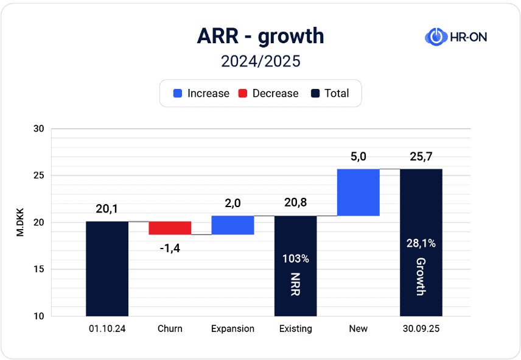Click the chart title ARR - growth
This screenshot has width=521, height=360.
pos(260,37)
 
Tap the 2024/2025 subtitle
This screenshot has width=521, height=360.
pos(260,62)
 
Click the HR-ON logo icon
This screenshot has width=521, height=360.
pos(435,37)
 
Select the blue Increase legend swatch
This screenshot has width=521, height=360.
pos(178,94)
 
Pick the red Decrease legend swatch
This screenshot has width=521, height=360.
pos(243,94)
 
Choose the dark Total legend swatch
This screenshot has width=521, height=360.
pos(315,94)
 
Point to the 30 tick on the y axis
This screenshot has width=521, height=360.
pos(39,129)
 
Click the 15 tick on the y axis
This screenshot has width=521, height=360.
pos(39,269)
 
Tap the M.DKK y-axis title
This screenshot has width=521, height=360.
pos(20,222)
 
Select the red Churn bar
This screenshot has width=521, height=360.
pos(170,228)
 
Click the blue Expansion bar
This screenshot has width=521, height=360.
pos(233,225)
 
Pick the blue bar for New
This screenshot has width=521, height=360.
pos(358,192)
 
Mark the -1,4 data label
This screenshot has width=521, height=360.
pos(170,248)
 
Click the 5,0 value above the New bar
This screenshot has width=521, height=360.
pos(358,157)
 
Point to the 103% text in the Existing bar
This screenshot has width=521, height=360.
pos(296,259)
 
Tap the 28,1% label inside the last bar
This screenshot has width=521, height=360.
pos(421,244)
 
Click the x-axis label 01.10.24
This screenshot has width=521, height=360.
pos(107,329)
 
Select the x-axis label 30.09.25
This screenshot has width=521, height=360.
pos(421,329)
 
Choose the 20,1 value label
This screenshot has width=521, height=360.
pos(107,208)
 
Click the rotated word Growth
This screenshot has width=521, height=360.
pos(421,277)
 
